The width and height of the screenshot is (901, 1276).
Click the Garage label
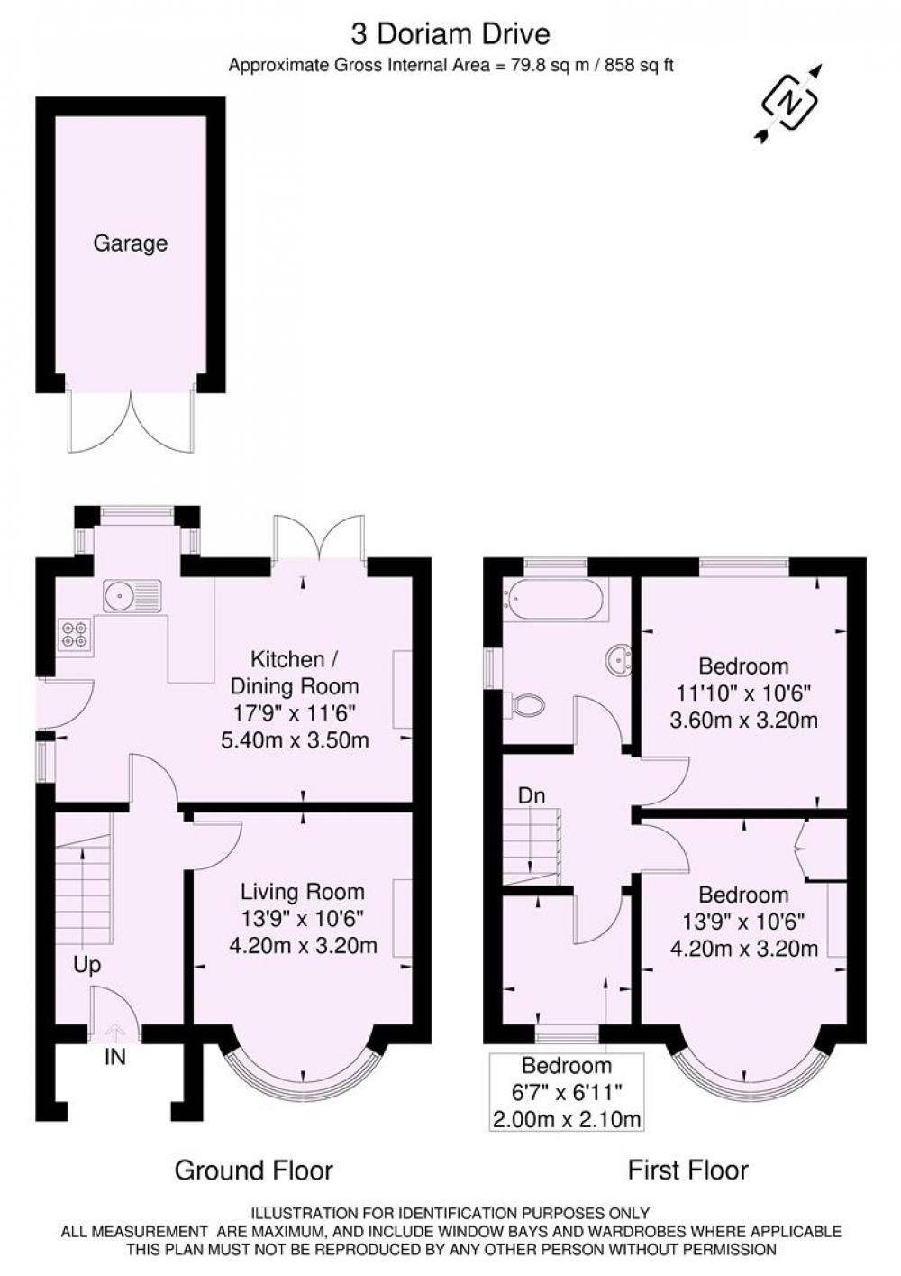(131, 243)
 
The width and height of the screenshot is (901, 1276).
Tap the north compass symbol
(789, 103)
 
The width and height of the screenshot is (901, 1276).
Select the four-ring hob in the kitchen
(75, 635)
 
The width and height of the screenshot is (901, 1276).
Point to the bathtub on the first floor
(556, 599)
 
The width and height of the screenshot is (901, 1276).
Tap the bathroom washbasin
(618, 661)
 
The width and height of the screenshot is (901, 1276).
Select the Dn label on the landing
(531, 795)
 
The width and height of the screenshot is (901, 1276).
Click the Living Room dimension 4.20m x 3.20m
(303, 946)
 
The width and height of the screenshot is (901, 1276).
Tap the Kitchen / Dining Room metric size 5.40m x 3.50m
(295, 740)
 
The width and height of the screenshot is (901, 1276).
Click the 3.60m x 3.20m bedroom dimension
(744, 720)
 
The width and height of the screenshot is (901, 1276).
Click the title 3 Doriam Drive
(450, 35)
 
